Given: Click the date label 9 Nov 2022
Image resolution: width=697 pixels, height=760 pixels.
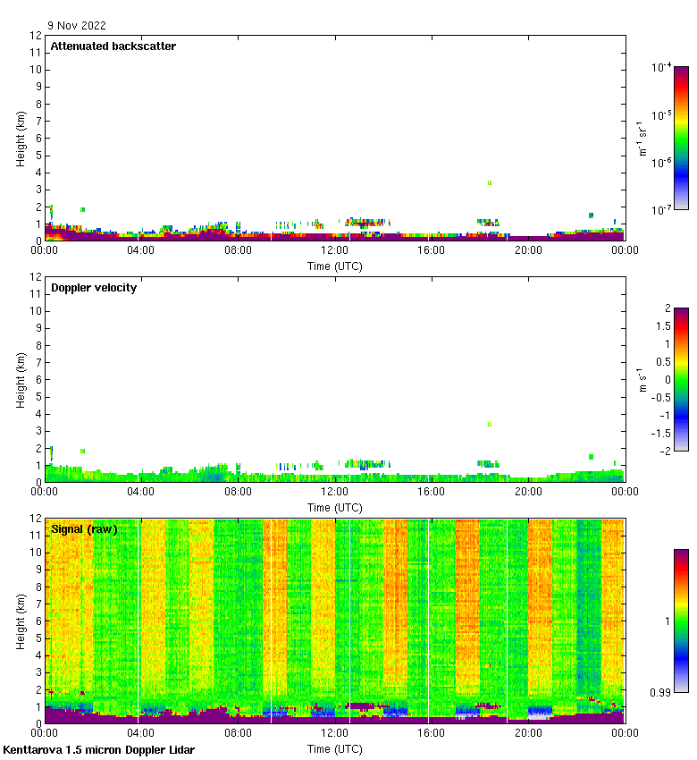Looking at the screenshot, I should [77, 26].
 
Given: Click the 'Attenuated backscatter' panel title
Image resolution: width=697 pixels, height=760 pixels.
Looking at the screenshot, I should [113, 46].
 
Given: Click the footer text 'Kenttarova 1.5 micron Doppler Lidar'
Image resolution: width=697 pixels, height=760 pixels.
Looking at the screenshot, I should [98, 749].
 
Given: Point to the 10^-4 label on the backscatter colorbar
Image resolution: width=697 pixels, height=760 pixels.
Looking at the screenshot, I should [662, 67].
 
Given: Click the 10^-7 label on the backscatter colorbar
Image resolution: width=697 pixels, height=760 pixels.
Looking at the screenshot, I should [662, 210].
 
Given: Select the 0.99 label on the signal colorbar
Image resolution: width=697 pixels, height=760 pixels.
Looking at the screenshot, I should [661, 693].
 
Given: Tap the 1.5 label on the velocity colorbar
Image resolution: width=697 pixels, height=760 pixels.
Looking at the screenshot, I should [662, 326].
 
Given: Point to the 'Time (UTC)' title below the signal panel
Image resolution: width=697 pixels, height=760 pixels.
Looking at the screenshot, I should [334, 748].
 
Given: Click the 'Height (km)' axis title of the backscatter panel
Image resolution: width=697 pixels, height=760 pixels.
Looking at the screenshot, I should [21, 138].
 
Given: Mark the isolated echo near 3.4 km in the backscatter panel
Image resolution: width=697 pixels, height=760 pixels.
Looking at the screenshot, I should [490, 182].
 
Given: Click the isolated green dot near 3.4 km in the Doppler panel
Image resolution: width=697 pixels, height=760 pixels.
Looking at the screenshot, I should [490, 424].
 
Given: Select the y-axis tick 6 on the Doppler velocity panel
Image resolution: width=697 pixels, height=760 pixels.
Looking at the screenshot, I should [37, 379].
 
